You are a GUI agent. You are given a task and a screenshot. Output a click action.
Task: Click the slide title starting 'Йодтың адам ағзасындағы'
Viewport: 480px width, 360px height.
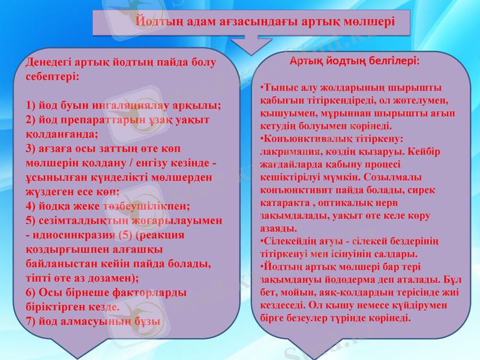(264, 21)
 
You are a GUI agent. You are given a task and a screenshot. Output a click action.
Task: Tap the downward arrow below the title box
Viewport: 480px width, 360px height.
(252, 44)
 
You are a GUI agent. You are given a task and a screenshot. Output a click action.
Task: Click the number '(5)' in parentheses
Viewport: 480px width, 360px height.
(125, 235)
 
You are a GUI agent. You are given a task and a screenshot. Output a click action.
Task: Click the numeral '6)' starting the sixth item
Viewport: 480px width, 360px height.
(32, 292)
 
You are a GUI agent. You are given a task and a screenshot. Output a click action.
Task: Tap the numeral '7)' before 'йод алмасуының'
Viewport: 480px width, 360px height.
(32, 320)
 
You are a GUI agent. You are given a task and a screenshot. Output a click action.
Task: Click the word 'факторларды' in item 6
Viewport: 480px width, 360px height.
(149, 292)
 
